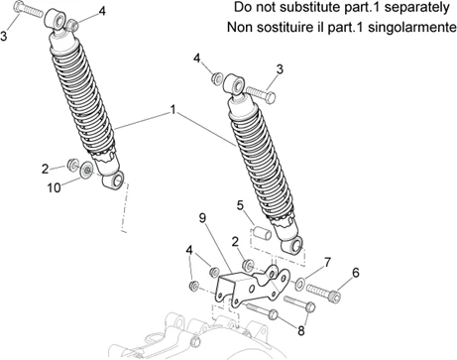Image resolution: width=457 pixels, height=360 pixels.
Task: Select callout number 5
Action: (x=239, y=205)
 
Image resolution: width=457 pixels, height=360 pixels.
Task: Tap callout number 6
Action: (x=356, y=272)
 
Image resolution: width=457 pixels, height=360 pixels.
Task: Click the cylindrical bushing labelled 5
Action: (x=264, y=234)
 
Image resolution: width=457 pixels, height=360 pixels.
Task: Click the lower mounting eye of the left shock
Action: (x=117, y=180)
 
